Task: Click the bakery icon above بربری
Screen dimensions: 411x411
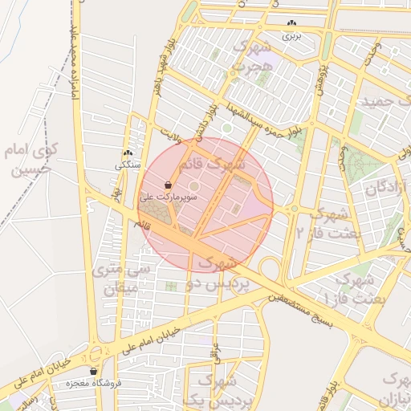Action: (291, 23)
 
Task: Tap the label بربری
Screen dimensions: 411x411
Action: (291, 36)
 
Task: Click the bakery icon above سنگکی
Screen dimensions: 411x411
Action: (128, 153)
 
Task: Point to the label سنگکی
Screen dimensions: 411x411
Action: (128, 166)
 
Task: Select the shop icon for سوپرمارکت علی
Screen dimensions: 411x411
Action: (167, 185)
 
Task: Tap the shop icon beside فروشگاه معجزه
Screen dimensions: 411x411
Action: (94, 372)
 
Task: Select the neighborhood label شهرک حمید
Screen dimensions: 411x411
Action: (381, 103)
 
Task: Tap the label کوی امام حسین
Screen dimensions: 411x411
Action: (32, 158)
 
